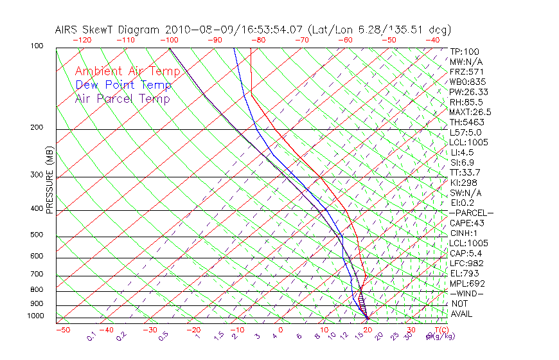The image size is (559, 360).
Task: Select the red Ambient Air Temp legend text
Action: point(127,71)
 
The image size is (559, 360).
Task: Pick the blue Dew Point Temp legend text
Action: point(123,85)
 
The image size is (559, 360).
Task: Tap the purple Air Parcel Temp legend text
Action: point(122,98)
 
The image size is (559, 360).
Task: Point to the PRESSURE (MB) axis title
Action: point(49,181)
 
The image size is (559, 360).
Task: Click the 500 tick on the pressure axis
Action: point(36,235)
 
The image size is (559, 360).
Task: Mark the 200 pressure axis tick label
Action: point(36,127)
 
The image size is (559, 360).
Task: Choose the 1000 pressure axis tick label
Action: point(34,316)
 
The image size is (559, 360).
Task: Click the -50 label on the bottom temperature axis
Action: point(62,330)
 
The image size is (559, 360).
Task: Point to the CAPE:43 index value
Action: point(467,223)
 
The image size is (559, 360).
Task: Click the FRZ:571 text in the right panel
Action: point(466,71)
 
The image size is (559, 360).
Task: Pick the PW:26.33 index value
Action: point(469,92)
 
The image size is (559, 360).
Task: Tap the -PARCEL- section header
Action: point(472,213)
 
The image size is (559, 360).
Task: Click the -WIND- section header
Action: point(466,293)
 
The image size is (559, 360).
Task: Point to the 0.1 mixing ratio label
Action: point(91,336)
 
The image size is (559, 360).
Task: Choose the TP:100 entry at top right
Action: point(465,51)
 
